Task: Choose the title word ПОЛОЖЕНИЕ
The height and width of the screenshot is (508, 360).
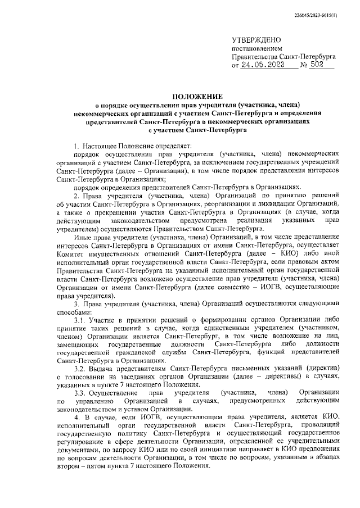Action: tap(197, 96)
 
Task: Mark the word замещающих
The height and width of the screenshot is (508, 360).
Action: tap(76, 344)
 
